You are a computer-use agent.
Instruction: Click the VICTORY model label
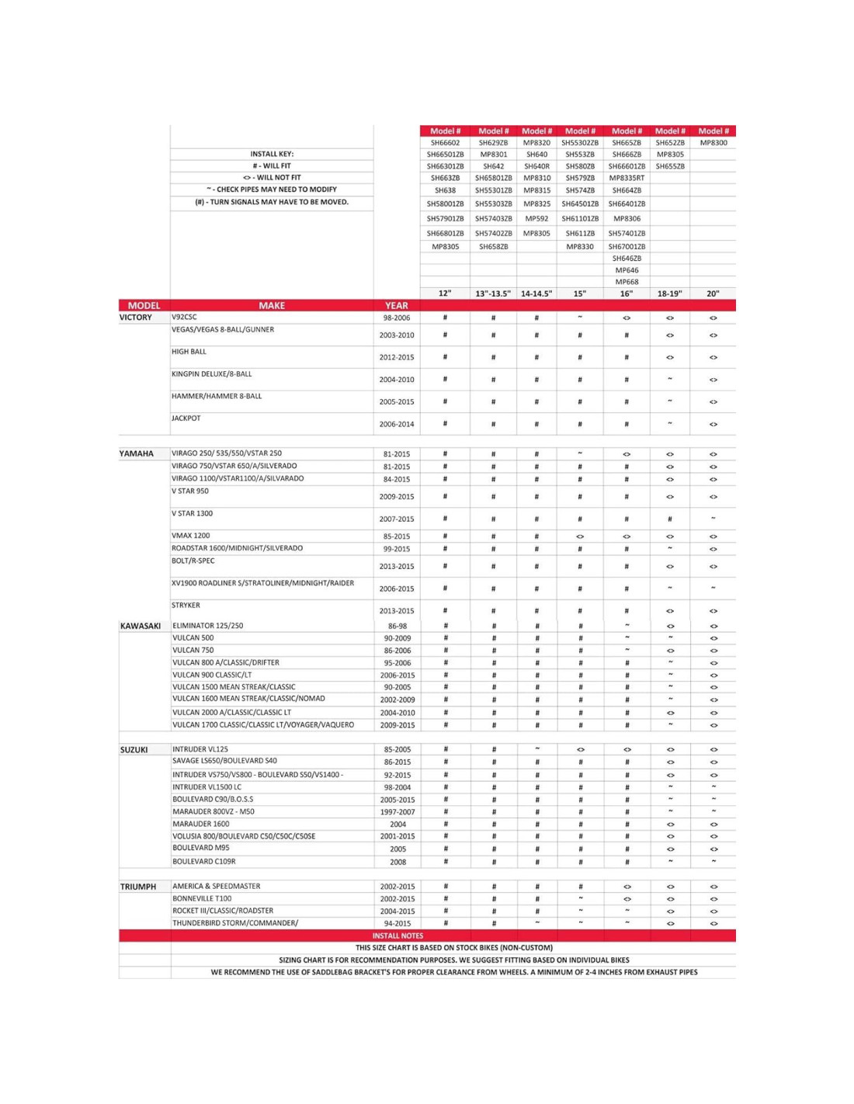point(136,318)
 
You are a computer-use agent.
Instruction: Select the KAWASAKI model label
point(141,626)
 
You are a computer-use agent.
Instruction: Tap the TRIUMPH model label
point(138,887)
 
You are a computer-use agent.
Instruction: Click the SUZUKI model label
point(134,750)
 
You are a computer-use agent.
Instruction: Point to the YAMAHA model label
point(137,453)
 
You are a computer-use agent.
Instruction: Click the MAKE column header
point(272,306)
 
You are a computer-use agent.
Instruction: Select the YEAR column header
point(397,306)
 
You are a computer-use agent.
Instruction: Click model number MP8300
point(713,143)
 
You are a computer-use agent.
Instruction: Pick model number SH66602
point(445,143)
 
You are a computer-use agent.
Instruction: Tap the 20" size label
point(713,293)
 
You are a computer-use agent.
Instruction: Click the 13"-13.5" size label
point(493,293)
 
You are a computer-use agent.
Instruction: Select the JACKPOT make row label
point(186,418)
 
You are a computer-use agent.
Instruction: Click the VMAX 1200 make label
point(191,536)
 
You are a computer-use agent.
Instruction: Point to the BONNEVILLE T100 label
point(202,898)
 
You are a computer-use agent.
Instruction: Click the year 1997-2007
point(397,812)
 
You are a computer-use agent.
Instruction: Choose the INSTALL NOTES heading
point(397,936)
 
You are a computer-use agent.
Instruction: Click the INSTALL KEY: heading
point(272,154)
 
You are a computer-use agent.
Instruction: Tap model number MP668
point(627,282)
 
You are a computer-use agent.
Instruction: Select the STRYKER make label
point(186,606)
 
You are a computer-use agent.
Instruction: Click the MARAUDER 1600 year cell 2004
point(397,825)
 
